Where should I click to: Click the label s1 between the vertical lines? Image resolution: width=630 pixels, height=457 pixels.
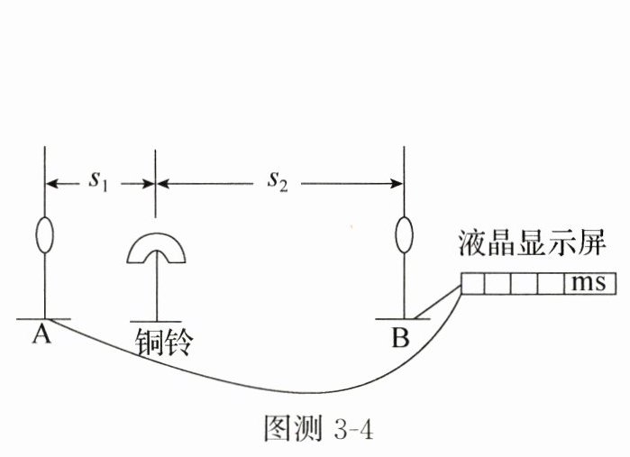click(96, 180)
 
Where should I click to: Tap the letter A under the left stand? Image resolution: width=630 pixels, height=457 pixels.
click(41, 335)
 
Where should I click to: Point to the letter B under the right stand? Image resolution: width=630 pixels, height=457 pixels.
click(400, 337)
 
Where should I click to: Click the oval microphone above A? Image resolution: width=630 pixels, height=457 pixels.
click(43, 233)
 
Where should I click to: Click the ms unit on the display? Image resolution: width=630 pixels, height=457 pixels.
click(590, 284)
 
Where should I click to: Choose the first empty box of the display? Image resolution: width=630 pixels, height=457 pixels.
click(473, 284)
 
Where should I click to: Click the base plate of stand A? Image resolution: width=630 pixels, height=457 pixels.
click(43, 319)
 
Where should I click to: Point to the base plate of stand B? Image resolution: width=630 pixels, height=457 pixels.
click(403, 319)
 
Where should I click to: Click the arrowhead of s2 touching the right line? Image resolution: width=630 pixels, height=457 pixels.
click(397, 184)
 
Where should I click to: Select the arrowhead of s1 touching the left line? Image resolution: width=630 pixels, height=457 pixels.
click(52, 184)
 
